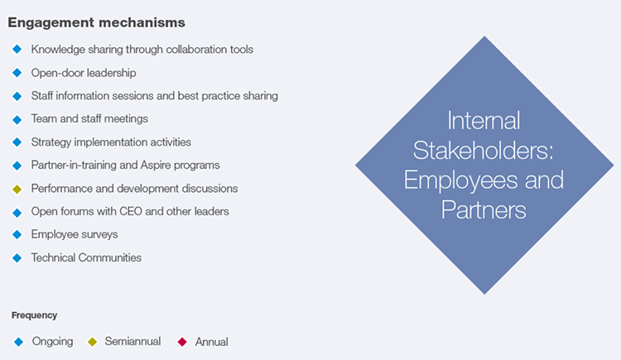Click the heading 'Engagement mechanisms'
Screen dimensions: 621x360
point(96,22)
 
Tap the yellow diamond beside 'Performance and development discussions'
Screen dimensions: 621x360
point(17,190)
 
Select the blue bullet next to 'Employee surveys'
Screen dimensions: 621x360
point(17,235)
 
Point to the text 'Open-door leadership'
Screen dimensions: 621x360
point(84,73)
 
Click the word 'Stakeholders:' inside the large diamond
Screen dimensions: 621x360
point(484,151)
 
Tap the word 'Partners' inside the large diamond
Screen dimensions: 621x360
point(484,210)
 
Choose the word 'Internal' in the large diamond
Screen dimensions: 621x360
point(484,120)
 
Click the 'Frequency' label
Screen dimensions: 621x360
point(35,315)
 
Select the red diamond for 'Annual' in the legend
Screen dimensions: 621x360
point(182,342)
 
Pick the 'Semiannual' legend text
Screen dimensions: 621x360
point(132,342)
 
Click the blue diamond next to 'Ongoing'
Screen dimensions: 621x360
point(18,342)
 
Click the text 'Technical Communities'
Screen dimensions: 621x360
point(86,258)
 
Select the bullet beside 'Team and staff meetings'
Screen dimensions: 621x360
point(17,120)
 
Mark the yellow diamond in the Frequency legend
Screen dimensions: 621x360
point(92,342)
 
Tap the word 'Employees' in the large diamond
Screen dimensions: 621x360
point(460,180)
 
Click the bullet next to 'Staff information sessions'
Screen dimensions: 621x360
point(17,96)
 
